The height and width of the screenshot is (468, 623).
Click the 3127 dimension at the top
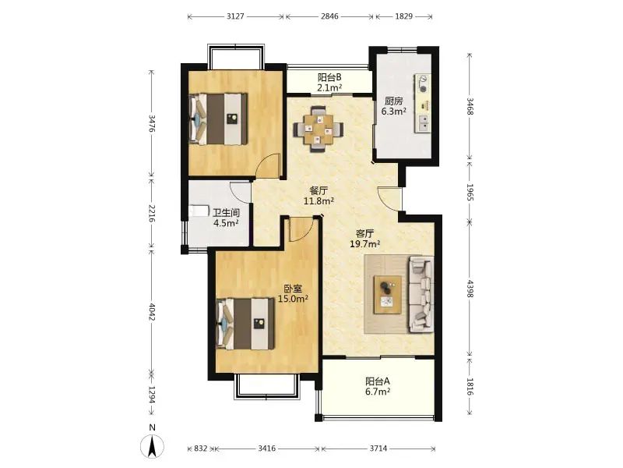pos(235,16)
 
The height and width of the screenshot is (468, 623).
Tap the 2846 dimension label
pos(329,16)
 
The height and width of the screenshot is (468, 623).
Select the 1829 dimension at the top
pos(403,16)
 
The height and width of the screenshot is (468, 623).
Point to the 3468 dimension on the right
pos(470,106)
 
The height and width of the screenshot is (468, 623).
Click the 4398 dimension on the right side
pos(470,289)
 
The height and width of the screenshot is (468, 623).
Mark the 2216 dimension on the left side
pos(151,213)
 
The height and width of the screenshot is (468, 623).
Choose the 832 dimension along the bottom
pos(201,448)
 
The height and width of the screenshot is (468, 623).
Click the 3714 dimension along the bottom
pos(378,448)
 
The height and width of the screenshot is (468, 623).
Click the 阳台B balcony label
pos(329,77)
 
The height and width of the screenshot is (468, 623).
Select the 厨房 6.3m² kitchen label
pos(394,106)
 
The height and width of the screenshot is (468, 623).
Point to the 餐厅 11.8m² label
pos(319,196)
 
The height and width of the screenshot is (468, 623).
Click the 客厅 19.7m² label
pos(364,239)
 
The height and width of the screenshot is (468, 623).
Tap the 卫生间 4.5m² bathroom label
pos(226,218)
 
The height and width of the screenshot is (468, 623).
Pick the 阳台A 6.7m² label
pos(378,386)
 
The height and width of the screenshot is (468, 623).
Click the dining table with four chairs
pos(319,129)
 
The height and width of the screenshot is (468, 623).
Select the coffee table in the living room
pos(387,295)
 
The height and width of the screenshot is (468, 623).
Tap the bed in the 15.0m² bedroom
pos(245,324)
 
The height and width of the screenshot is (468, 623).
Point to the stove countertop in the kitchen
pos(423,103)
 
